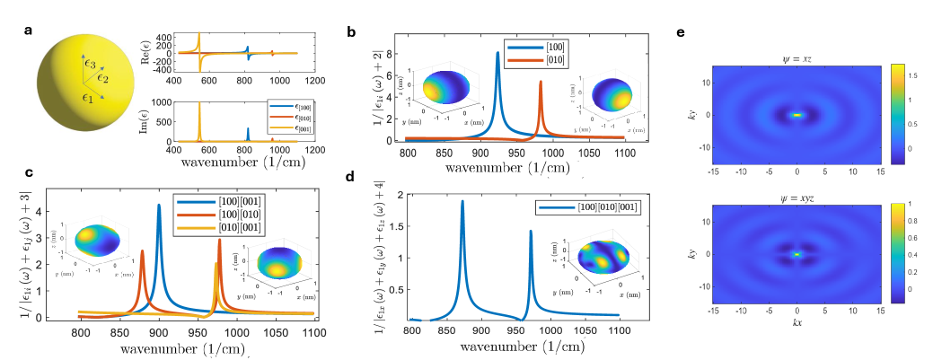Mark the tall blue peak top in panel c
pos(159,205)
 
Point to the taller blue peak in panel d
pos(462,201)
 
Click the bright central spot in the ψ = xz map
pos(797,115)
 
